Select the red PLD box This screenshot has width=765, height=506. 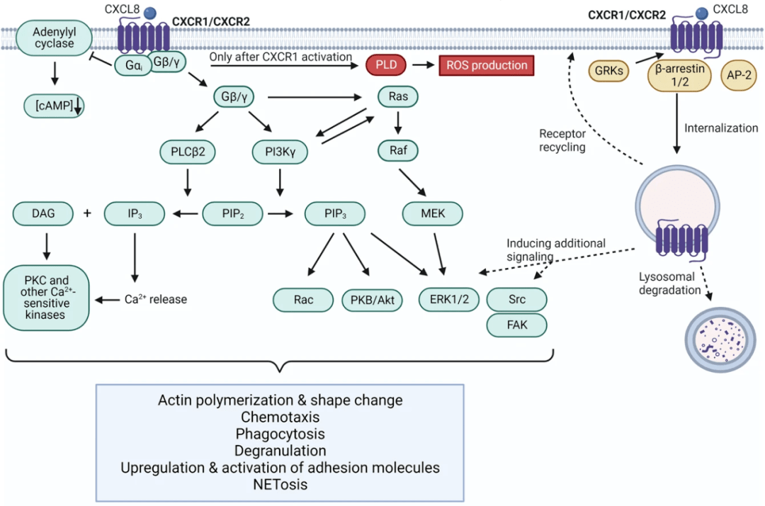point(386,65)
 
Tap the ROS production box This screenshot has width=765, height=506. point(487,65)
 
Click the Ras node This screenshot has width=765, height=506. point(399,96)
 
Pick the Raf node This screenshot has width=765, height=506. point(399,150)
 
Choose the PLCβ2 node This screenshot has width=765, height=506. point(188,151)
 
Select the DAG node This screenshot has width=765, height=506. point(43,213)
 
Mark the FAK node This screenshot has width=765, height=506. point(516,325)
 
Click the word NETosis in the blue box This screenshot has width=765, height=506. point(280,485)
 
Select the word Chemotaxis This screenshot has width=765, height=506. point(280,417)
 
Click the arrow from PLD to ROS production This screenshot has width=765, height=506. point(424,65)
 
